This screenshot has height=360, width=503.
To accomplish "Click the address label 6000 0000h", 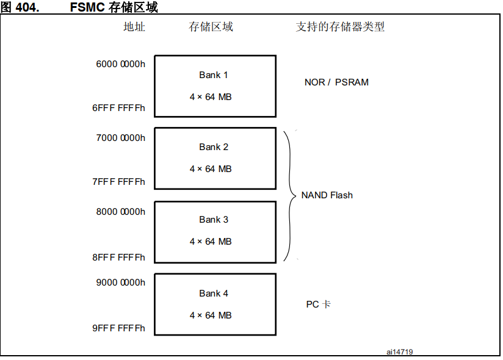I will [120, 64].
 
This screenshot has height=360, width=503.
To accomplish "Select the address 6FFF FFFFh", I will [118, 108].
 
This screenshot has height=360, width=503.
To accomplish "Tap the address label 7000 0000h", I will [120, 138].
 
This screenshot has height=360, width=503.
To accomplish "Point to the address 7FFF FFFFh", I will [118, 182].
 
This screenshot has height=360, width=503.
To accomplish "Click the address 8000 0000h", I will [120, 212].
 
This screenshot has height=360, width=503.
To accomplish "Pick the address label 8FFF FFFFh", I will [118, 257].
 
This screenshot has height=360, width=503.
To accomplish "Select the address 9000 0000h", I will [120, 283].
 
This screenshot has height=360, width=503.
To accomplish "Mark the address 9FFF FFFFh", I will [118, 328].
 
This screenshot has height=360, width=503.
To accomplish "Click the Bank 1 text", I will [214, 75].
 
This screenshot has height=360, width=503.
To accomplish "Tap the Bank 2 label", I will [214, 147].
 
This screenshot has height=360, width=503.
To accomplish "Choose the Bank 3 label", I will [214, 220].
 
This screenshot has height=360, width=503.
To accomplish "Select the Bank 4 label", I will [214, 293].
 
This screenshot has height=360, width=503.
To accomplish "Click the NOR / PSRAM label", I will [336, 82].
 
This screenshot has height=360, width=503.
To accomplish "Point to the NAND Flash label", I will [327, 195].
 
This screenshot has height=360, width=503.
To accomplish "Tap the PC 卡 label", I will [318, 304].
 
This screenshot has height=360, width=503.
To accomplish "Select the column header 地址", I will [134, 27].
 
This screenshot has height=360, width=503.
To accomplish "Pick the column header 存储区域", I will [211, 27].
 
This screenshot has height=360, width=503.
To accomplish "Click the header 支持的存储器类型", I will [340, 27].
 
